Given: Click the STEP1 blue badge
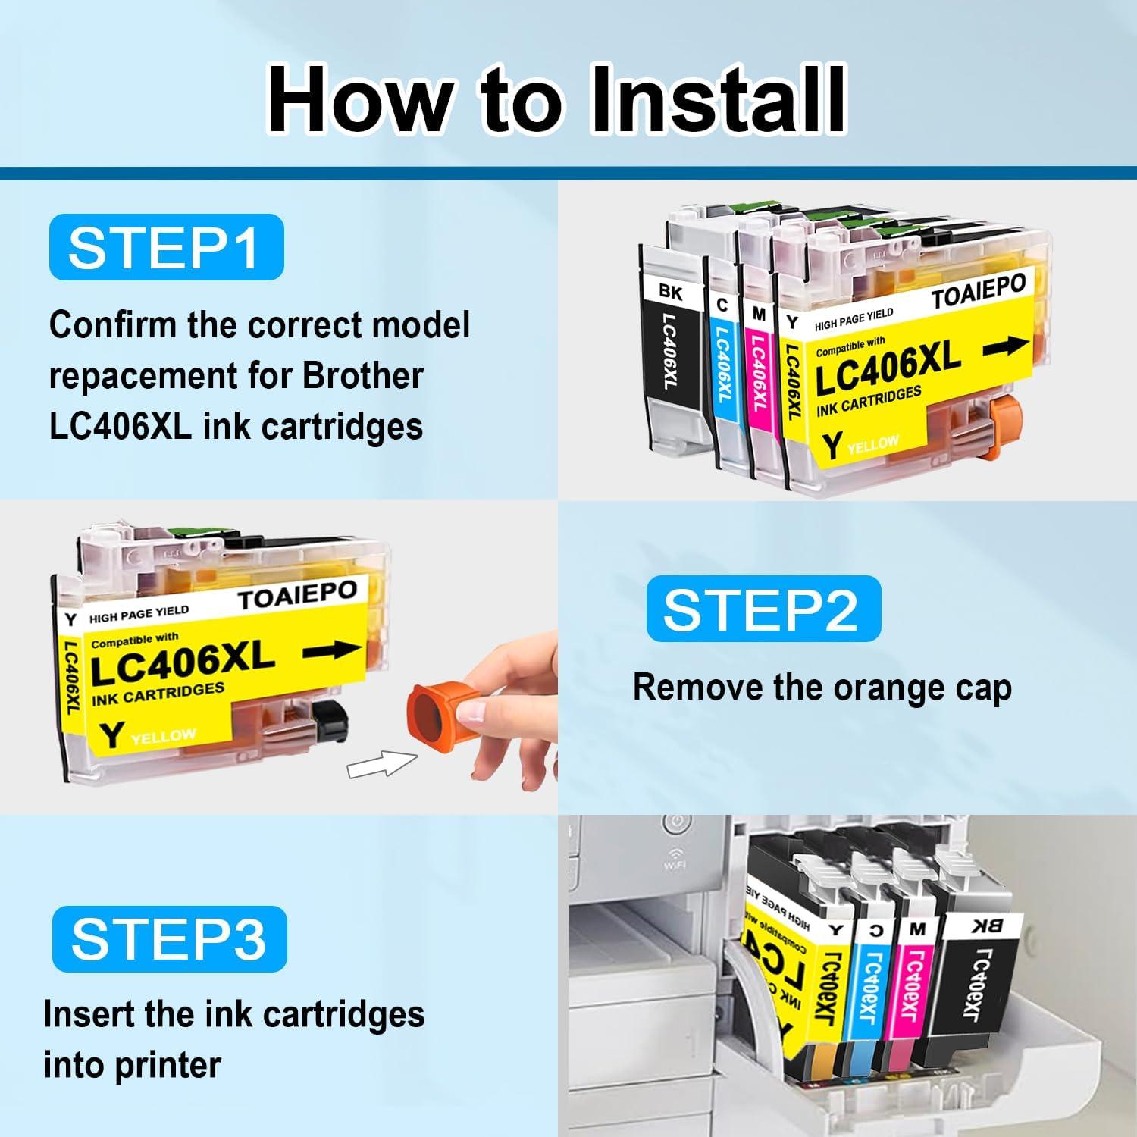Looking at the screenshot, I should click(166, 247).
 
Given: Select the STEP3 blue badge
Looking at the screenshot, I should click(169, 938).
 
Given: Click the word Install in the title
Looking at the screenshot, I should click(717, 100).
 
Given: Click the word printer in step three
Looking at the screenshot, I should click(168, 1064).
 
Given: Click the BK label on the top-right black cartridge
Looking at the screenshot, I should click(671, 291).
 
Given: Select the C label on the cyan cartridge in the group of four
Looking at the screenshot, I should click(722, 305).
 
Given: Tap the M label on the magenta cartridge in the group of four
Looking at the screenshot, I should click(759, 312).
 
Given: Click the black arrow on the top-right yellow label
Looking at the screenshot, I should click(1006, 347).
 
